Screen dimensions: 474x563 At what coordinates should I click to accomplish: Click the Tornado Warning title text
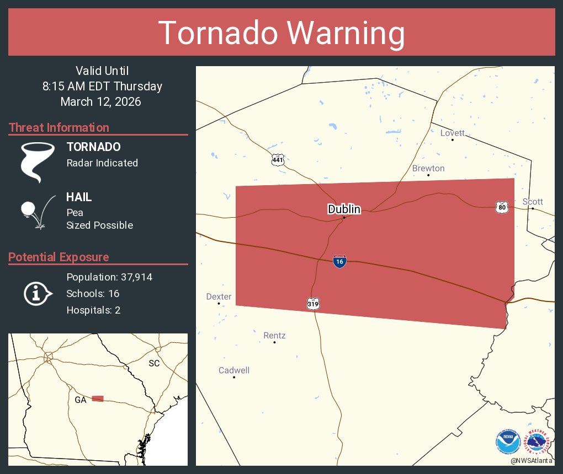tap(281, 33)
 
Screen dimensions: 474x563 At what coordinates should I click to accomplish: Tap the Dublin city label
tap(344, 209)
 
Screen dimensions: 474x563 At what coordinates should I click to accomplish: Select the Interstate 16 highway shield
tap(340, 261)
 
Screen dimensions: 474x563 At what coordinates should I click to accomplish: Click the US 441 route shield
tap(278, 160)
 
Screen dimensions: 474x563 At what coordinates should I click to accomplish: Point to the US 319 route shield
tap(313, 303)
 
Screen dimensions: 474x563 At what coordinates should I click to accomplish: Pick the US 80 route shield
tap(501, 207)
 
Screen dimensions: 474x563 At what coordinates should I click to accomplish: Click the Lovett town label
tap(452, 133)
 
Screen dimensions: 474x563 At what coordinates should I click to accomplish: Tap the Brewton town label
tap(428, 168)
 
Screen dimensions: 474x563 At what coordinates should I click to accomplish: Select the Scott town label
tap(533, 202)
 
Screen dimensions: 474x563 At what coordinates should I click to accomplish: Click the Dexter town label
tap(219, 297)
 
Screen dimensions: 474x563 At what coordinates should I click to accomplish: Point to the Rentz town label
tap(274, 336)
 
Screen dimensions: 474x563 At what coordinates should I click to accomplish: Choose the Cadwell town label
tap(234, 370)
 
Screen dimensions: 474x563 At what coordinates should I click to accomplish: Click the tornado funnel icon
tap(38, 162)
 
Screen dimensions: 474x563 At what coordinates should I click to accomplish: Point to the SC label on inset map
tap(154, 364)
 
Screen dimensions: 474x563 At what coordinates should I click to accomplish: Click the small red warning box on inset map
tap(98, 398)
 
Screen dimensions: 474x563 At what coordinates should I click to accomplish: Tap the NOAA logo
tap(508, 442)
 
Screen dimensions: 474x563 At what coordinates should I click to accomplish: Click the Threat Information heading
tap(59, 128)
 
